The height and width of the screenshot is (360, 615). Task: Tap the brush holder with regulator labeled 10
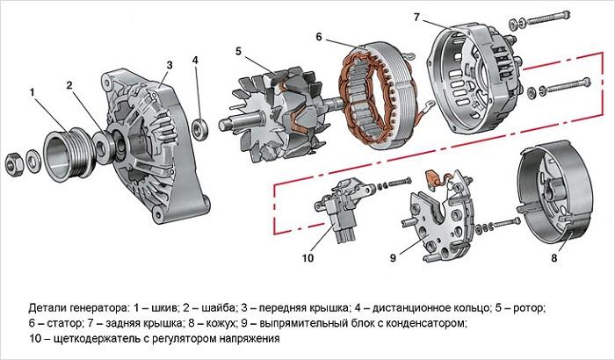(343, 211)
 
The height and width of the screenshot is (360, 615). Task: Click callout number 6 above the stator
(319, 37)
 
